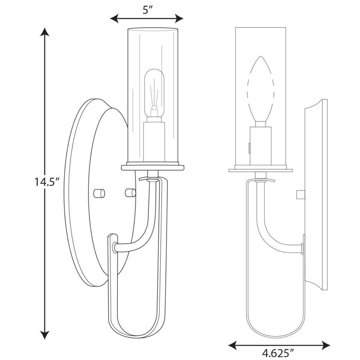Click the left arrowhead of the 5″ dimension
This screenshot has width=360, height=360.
[x=114, y=18]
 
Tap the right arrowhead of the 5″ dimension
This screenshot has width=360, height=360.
[x=179, y=18]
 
